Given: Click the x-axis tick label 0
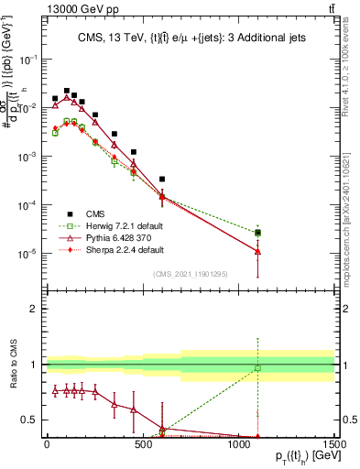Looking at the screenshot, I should pyautogui.click(x=47, y=444).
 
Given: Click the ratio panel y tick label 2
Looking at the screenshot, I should pyautogui.click(x=33, y=309).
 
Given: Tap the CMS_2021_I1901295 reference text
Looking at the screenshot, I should pyautogui.click(x=191, y=274).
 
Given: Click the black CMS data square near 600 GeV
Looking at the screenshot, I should pyautogui.click(x=162, y=180).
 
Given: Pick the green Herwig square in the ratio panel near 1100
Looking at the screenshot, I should pyautogui.click(x=258, y=368).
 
